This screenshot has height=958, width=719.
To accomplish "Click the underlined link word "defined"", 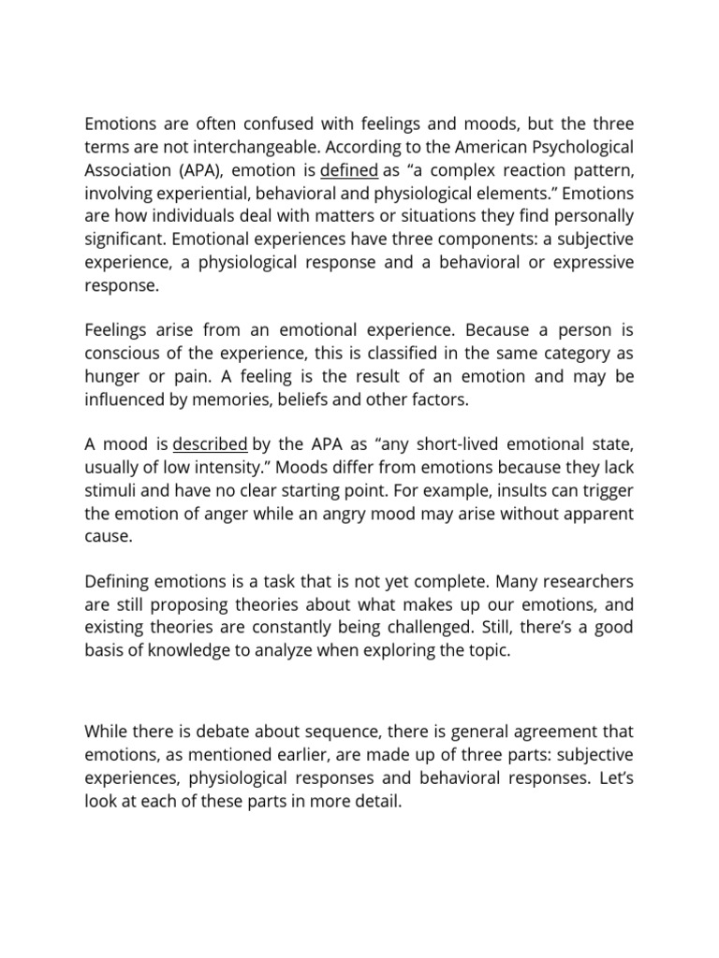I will point(349,170).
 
